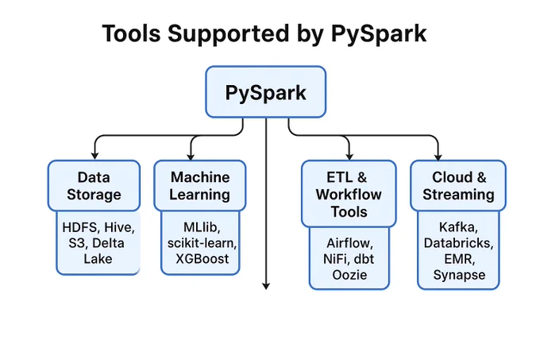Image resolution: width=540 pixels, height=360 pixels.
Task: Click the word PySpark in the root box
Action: tap(265, 93)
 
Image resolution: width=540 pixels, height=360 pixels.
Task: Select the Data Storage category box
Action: tap(94, 185)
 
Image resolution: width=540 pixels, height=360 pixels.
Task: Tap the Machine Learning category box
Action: tap(200, 185)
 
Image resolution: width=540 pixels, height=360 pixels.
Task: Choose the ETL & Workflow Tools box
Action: tap(349, 194)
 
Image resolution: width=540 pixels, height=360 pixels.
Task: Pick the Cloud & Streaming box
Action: tap(458, 185)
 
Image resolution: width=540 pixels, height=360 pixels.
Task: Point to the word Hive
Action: tap(119, 227)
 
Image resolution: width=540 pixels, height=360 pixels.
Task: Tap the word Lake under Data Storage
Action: tap(98, 259)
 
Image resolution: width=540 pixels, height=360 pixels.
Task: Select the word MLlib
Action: tap(202, 227)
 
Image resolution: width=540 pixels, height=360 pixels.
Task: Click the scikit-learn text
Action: tap(202, 243)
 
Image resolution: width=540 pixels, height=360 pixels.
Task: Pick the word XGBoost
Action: tap(202, 259)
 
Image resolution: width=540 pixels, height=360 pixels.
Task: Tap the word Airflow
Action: tap(349, 243)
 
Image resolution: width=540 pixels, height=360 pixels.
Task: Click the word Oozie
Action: tap(349, 275)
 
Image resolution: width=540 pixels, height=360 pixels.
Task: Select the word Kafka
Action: tap(458, 227)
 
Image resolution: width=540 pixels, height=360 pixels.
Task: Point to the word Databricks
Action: tap(458, 243)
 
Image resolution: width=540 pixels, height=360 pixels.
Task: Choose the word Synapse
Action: tap(459, 275)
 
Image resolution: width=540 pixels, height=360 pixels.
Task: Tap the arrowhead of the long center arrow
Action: tap(266, 286)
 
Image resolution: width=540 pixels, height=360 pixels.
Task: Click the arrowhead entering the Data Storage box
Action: tap(94, 156)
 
